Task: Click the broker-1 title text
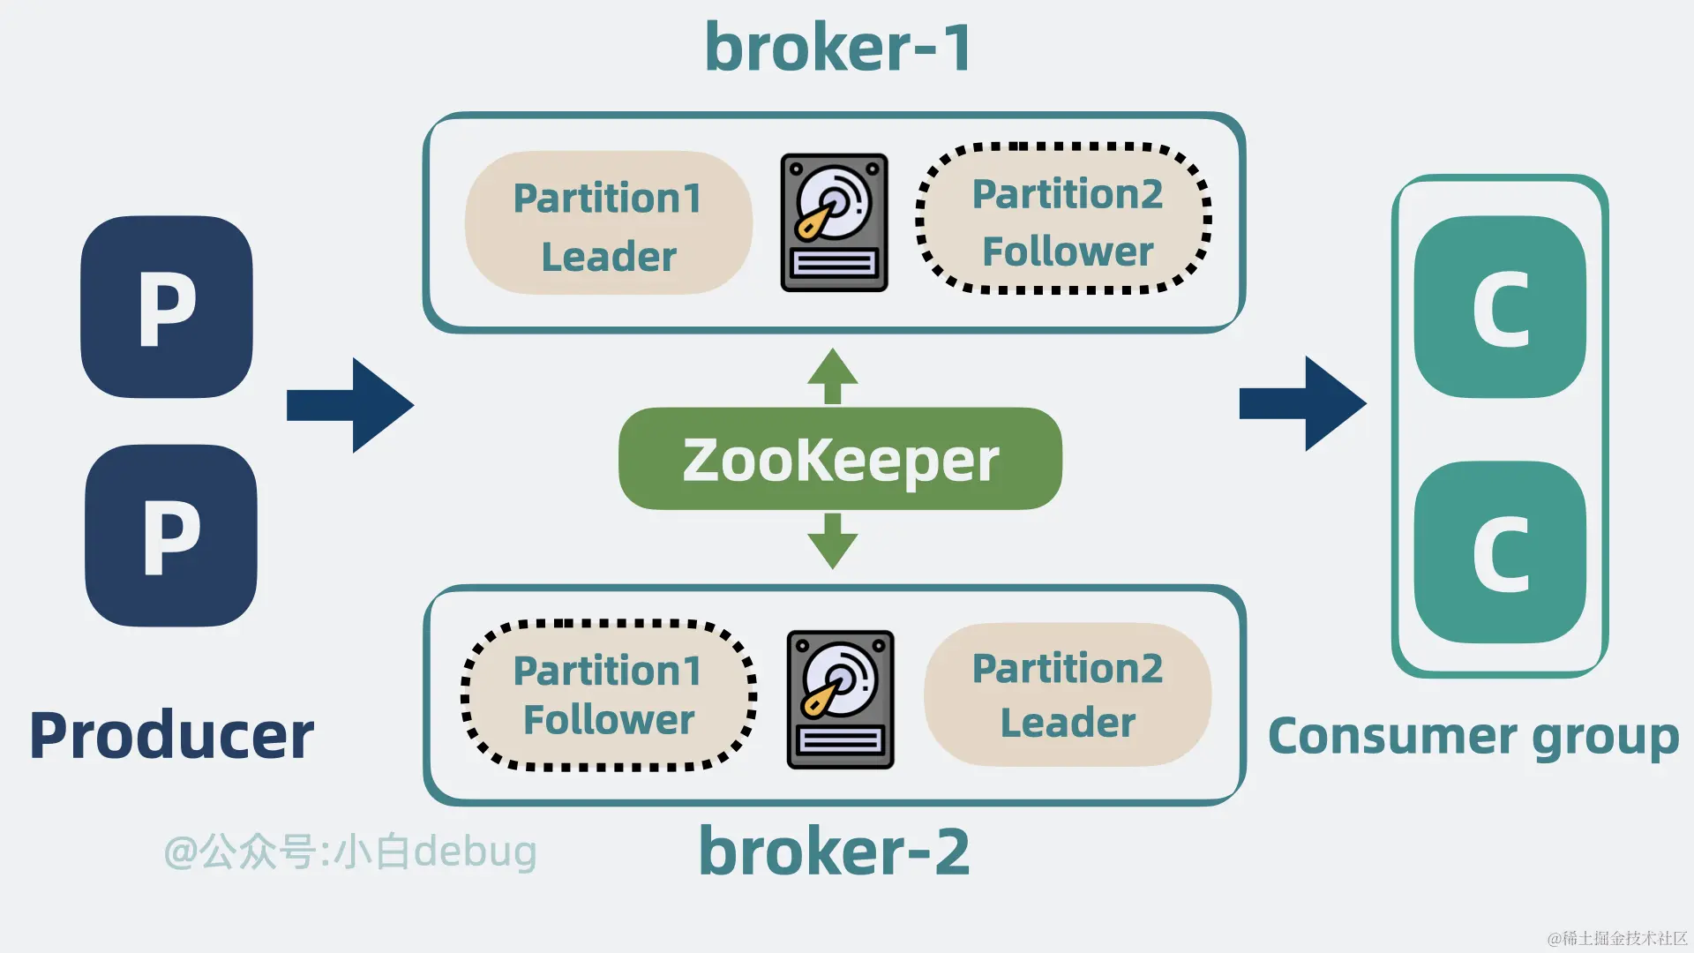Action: point(838,47)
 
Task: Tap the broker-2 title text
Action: point(835,851)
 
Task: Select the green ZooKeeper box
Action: point(840,459)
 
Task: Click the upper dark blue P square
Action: point(167,307)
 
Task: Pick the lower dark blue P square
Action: point(171,536)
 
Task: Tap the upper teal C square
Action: point(1500,307)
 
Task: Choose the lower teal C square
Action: point(1500,552)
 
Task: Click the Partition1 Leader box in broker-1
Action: point(609,223)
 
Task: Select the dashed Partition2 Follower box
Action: point(1065,218)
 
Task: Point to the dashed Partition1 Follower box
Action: point(609,695)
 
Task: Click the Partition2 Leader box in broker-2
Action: point(1068,694)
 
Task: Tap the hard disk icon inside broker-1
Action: point(834,222)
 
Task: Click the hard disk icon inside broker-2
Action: point(840,699)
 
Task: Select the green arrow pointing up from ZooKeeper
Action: point(832,376)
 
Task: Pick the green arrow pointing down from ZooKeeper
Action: point(832,541)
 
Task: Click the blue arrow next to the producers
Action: point(350,405)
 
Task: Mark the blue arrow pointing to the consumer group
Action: point(1303,404)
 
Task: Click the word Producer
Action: point(171,735)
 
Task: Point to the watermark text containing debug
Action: point(350,852)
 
